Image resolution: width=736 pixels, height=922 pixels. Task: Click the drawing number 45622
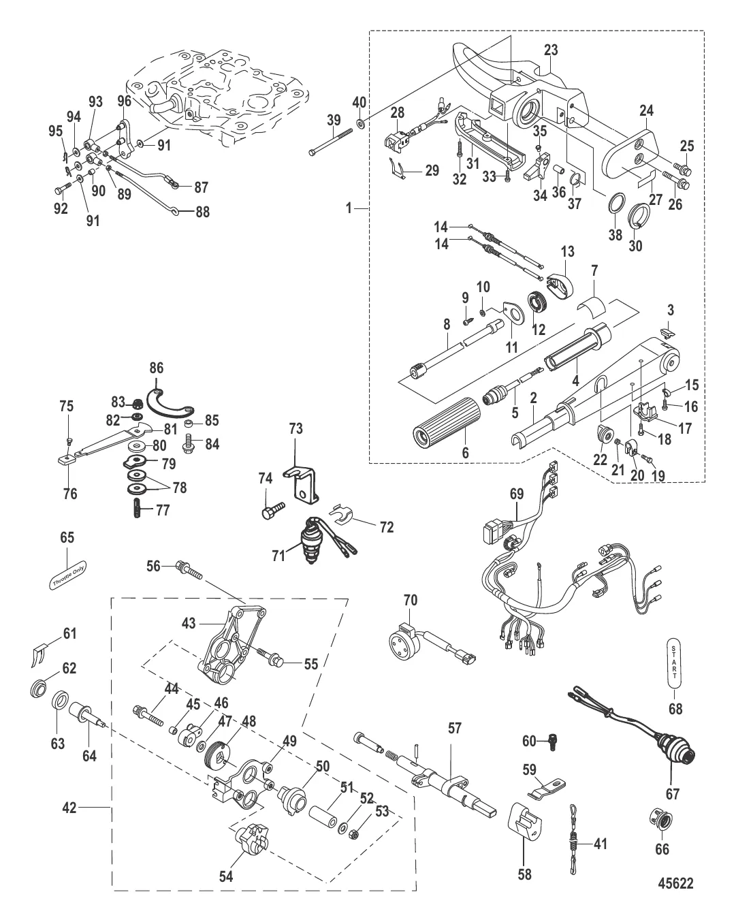click(x=675, y=884)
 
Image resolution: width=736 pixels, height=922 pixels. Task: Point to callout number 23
click(x=551, y=50)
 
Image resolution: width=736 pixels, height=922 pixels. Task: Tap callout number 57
click(x=454, y=729)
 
